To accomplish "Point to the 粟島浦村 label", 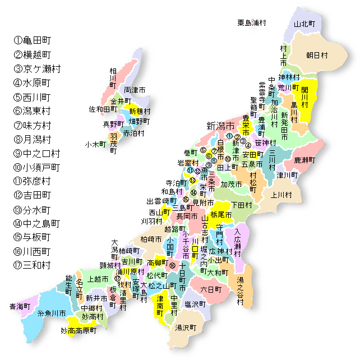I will pyautogui.click(x=251, y=23).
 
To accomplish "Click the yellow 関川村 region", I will pyautogui.click(x=307, y=98).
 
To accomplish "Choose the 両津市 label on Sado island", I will pyautogui.click(x=135, y=90).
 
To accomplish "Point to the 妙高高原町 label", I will pyautogui.click(x=79, y=331).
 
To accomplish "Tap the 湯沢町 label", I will pyautogui.click(x=185, y=327).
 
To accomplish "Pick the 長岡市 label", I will pyautogui.click(x=187, y=216).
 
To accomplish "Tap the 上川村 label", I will pyautogui.click(x=281, y=195).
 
